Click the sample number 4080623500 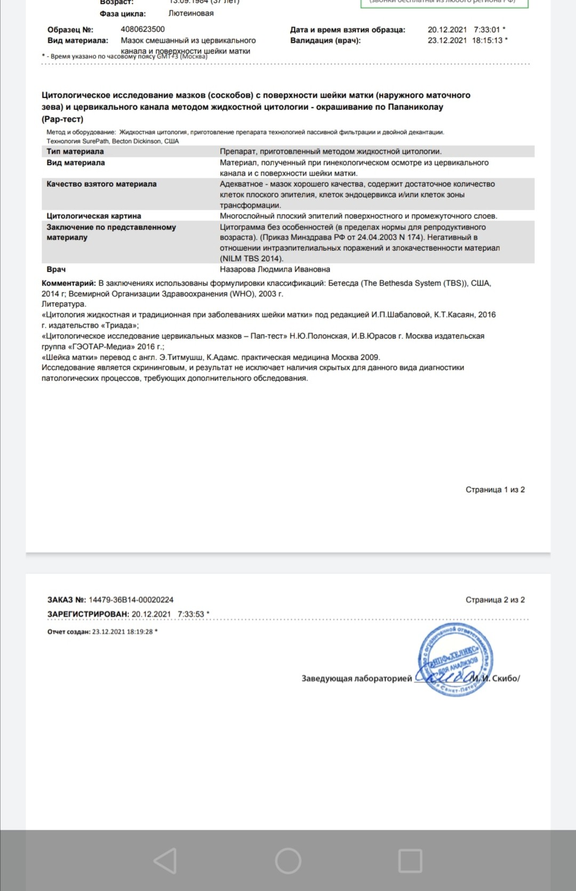(142, 29)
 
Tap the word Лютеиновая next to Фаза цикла (191, 13)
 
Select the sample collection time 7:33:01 (487, 30)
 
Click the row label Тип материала (75, 152)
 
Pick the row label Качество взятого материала (101, 184)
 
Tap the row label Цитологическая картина (94, 216)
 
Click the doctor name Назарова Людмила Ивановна (275, 269)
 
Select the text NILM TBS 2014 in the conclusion (251, 259)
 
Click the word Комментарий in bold (68, 283)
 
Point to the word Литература (63, 304)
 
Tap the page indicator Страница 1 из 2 (495, 490)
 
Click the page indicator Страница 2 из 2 (495, 600)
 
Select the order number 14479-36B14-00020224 (131, 600)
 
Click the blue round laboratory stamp (455, 659)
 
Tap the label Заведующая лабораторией (357, 679)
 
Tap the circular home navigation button (288, 861)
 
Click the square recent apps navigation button (410, 861)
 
